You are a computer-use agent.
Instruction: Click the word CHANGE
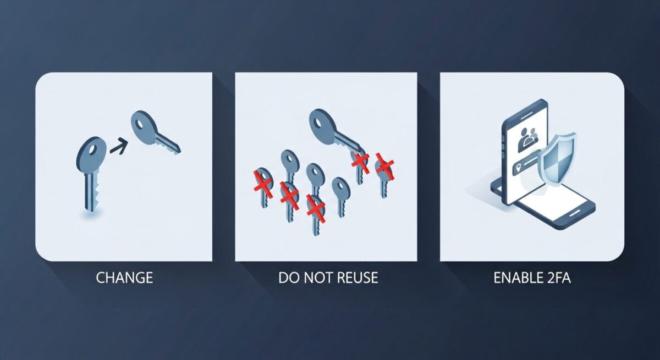124,278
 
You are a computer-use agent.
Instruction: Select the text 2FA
558,278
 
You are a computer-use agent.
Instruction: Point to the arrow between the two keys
119,146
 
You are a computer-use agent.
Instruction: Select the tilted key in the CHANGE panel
154,131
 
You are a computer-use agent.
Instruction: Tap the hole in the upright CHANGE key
93,150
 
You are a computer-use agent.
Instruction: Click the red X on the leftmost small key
263,185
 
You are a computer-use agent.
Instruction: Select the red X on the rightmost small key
384,167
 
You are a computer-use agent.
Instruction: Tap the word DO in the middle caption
288,278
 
